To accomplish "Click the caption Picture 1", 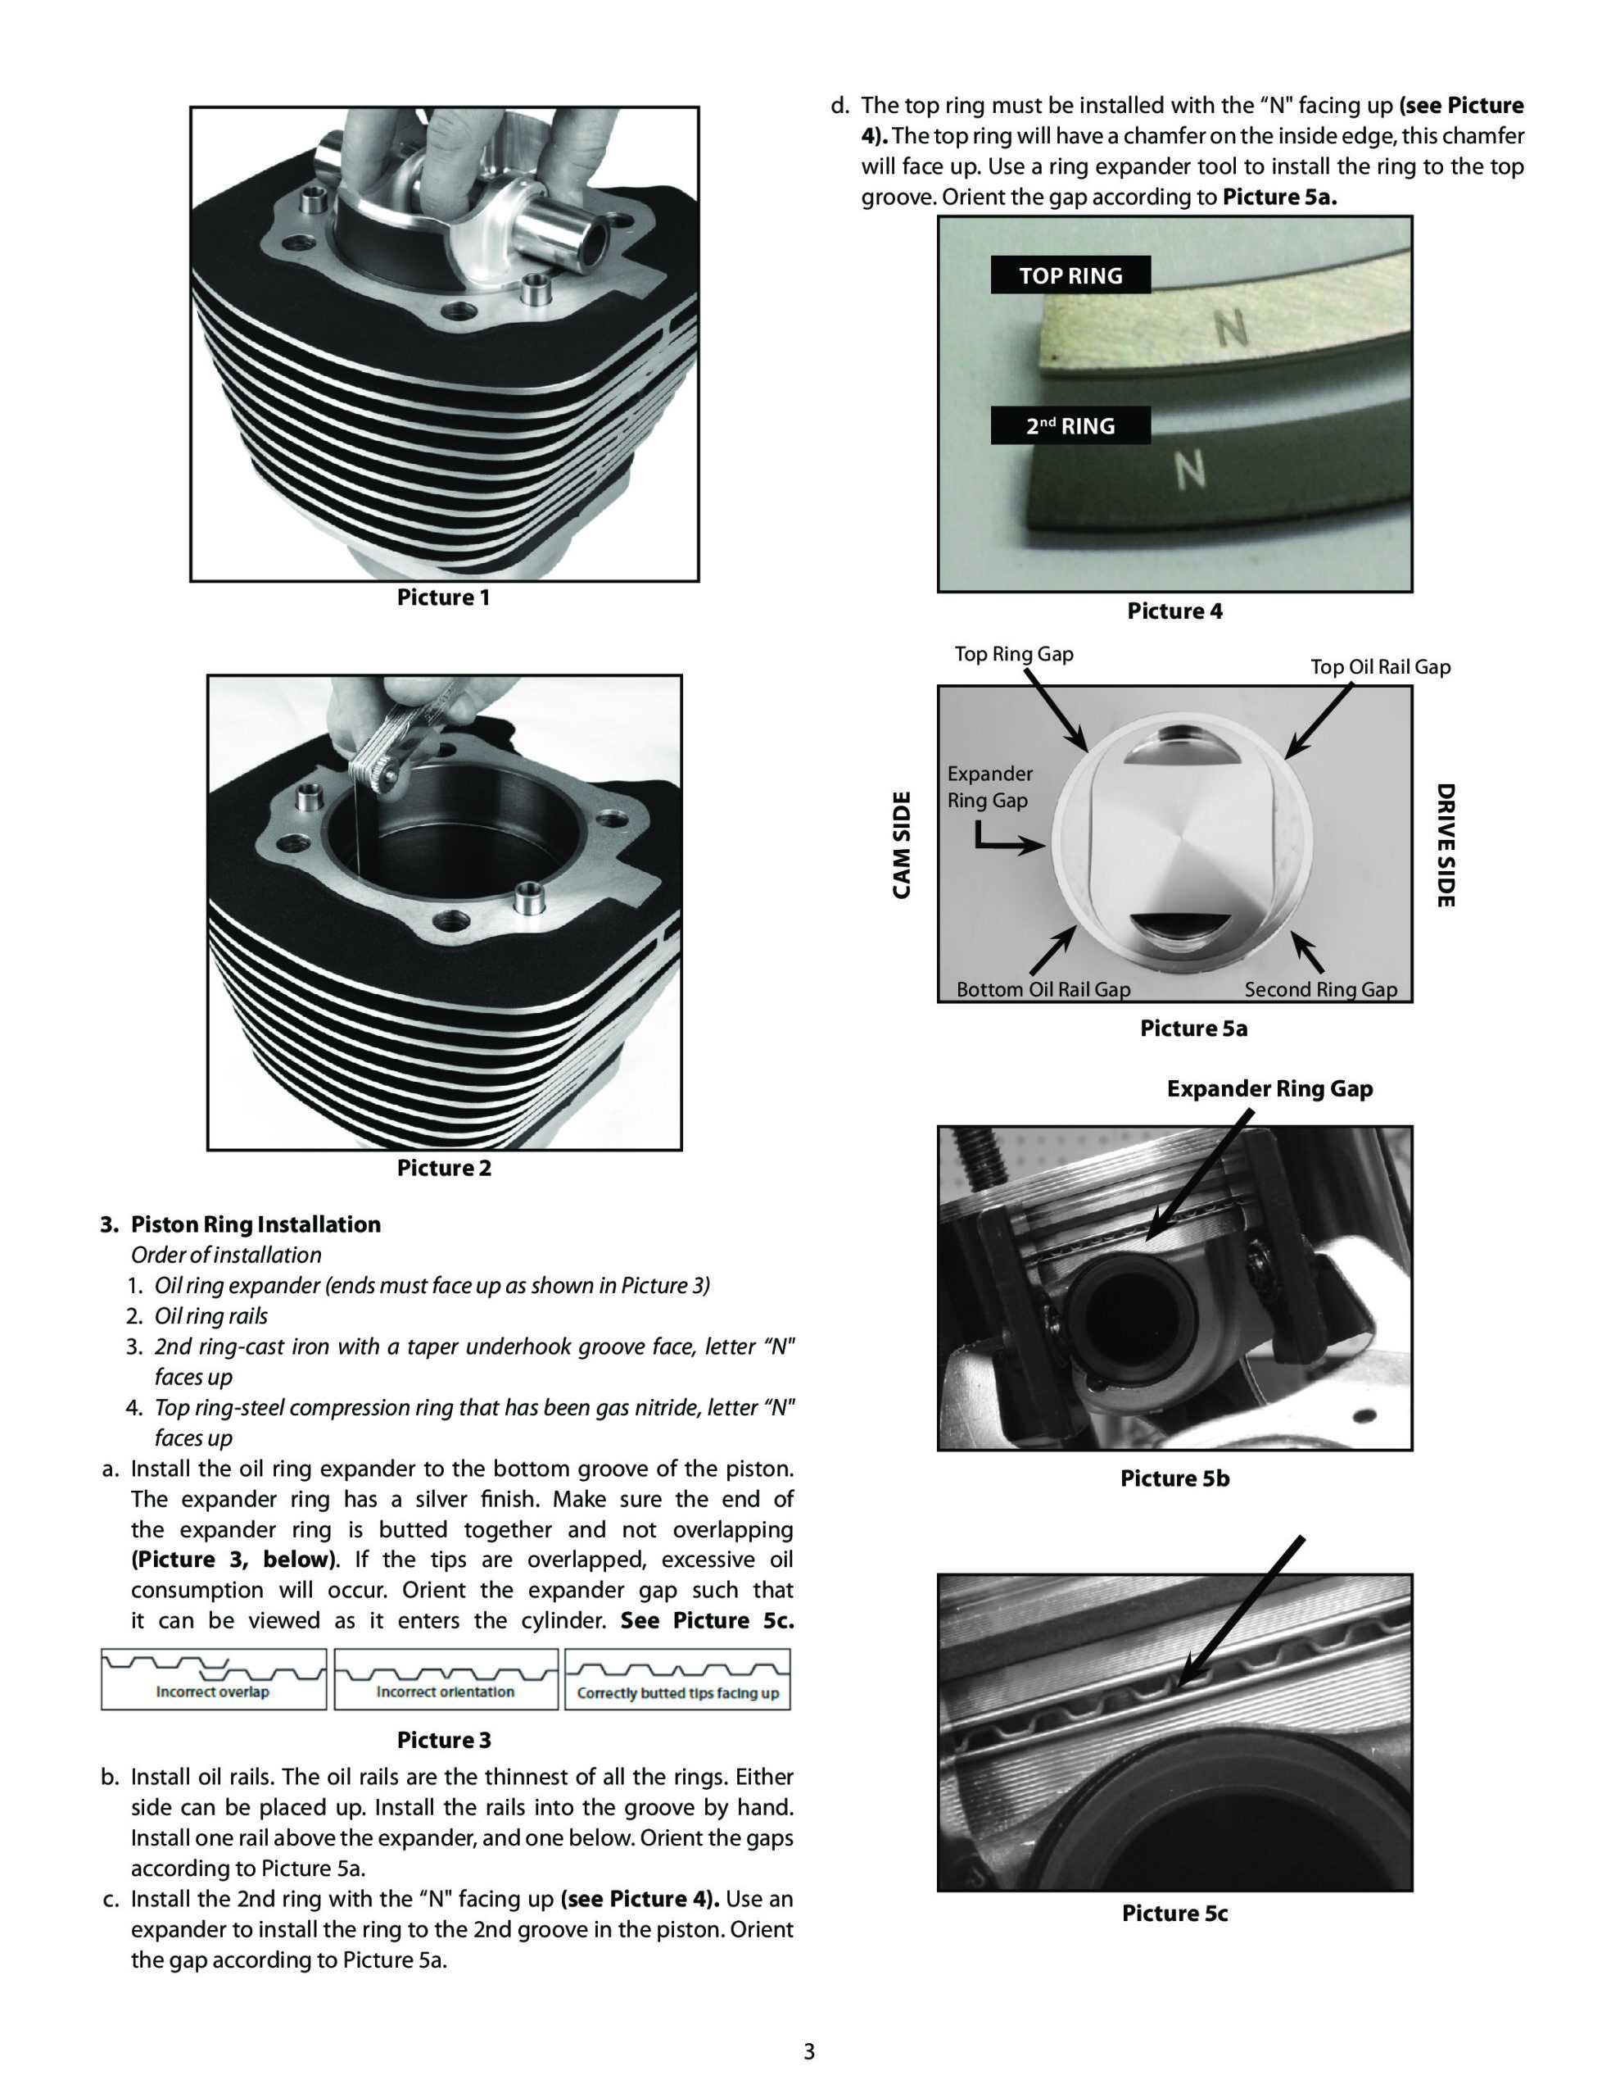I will pos(443,597).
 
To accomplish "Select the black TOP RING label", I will pos(1070,275).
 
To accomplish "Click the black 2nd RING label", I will pos(1070,425).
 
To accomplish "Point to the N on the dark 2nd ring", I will pos(1190,470).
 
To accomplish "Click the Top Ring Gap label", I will pos(1013,654).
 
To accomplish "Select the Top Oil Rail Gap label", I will pos(1380,666).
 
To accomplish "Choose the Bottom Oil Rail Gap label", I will pos(1043,989).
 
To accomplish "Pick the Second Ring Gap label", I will pos(1320,989).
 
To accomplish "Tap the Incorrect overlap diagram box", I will pos(213,1679).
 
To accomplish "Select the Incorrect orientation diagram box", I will pos(446,1679).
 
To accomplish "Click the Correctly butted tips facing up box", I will pos(677,1679).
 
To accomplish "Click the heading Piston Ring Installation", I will pos(256,1225).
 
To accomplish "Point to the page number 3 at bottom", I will pos(808,2052).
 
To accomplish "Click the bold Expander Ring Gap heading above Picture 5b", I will pos(1269,1088).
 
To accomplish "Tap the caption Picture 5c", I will pos(1174,1914).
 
